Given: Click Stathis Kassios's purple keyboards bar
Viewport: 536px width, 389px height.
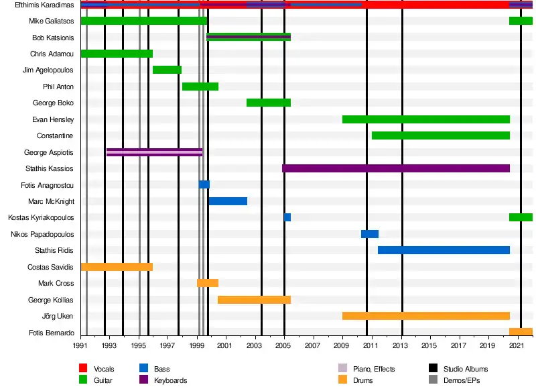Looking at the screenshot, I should [x=395, y=168].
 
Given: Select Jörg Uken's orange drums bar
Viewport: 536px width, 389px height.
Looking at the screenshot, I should [x=425, y=315].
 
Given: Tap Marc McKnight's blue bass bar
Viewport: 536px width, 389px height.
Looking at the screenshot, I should [x=228, y=201].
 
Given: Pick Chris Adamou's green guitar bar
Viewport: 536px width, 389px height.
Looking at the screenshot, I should [x=117, y=54].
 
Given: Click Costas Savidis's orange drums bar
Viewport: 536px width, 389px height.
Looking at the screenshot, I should [x=117, y=266].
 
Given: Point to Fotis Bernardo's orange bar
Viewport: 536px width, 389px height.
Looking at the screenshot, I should [x=521, y=331].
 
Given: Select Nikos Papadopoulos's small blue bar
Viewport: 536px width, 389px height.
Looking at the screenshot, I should [x=370, y=234].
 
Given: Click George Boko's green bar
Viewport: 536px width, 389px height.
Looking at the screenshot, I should [x=268, y=103].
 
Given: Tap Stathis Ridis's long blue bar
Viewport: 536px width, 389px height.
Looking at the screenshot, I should [x=444, y=250].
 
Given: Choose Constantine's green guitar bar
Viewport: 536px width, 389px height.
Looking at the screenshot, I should [x=440, y=135].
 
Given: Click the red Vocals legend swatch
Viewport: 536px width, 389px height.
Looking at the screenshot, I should [x=84, y=369].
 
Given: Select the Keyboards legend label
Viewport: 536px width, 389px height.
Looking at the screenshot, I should [x=170, y=380].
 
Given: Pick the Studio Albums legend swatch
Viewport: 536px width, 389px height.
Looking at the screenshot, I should [x=433, y=369].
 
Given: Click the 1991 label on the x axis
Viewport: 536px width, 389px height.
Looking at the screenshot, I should [x=80, y=345].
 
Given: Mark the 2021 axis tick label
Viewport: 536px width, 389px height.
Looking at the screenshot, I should [x=517, y=345].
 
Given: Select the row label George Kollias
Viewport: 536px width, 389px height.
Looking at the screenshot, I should [x=51, y=300].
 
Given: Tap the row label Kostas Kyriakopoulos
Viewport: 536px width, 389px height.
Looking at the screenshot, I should [x=41, y=218].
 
